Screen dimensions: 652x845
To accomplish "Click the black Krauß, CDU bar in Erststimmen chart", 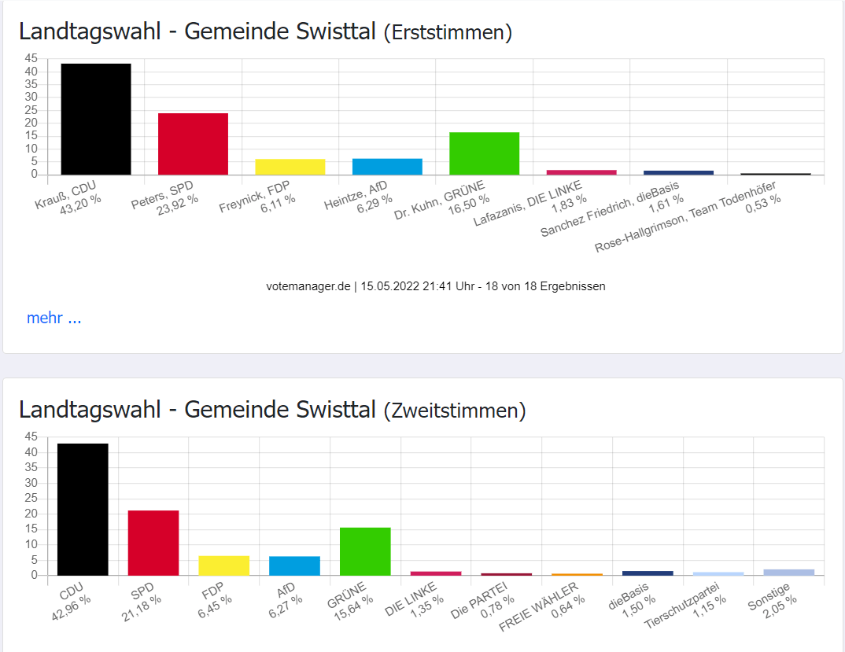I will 95,119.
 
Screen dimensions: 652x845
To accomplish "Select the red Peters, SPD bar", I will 193,144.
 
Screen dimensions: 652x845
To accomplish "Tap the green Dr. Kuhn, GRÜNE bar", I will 484,153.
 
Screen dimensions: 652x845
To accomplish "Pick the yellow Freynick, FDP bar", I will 290,167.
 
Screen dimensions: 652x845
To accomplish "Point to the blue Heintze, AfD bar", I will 387,167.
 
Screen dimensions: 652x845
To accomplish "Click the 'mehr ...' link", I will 54,318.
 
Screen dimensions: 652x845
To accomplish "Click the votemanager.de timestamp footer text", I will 435,286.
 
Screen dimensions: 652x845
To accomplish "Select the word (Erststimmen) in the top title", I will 448,32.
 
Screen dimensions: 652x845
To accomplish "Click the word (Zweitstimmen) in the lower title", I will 454,410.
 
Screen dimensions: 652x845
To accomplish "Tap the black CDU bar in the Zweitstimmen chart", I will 83,509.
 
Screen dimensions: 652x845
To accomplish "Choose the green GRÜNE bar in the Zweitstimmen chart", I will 365,551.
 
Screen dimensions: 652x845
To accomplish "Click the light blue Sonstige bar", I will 788,572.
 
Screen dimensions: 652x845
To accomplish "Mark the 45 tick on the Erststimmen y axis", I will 31,58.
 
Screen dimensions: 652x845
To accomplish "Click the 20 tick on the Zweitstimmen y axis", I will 31,514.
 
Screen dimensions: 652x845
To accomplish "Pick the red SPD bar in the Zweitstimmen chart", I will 153,543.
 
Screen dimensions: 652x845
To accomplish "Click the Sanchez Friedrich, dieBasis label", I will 614,208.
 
